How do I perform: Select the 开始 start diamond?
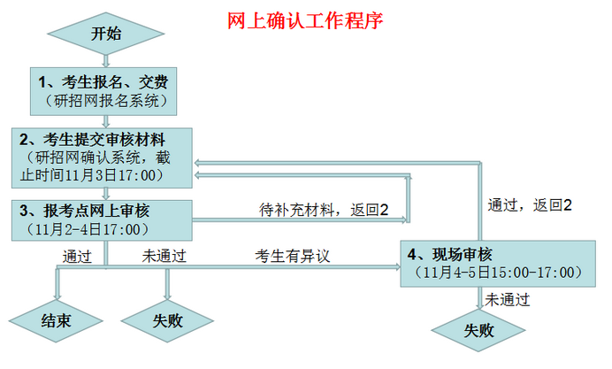click(x=105, y=35)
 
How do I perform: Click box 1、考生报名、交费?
click(x=105, y=91)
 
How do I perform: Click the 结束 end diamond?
click(x=56, y=320)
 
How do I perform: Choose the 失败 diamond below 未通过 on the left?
click(x=167, y=320)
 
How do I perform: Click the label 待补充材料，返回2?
click(x=325, y=210)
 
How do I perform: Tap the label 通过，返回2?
click(x=530, y=204)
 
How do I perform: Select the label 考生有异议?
click(x=293, y=257)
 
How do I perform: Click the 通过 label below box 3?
click(x=77, y=257)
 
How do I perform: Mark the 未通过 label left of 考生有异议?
click(x=164, y=257)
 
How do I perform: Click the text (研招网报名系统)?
click(x=105, y=100)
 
